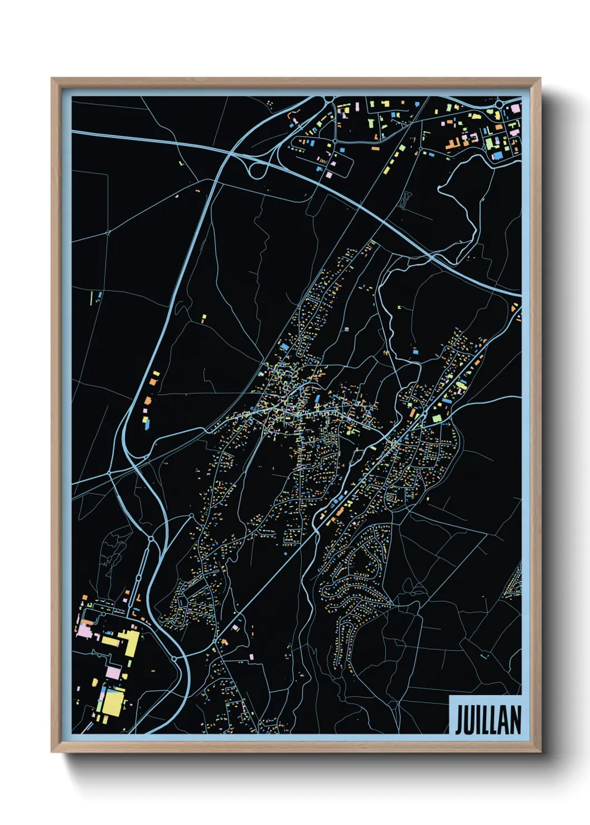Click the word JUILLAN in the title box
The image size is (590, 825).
[x=488, y=720]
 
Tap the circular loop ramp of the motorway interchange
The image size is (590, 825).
[x=257, y=171]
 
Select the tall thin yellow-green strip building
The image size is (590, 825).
[x=91, y=298]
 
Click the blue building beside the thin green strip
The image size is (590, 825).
[x=99, y=295]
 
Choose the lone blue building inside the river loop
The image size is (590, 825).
[x=415, y=352]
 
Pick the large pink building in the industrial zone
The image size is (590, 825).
[x=85, y=631]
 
